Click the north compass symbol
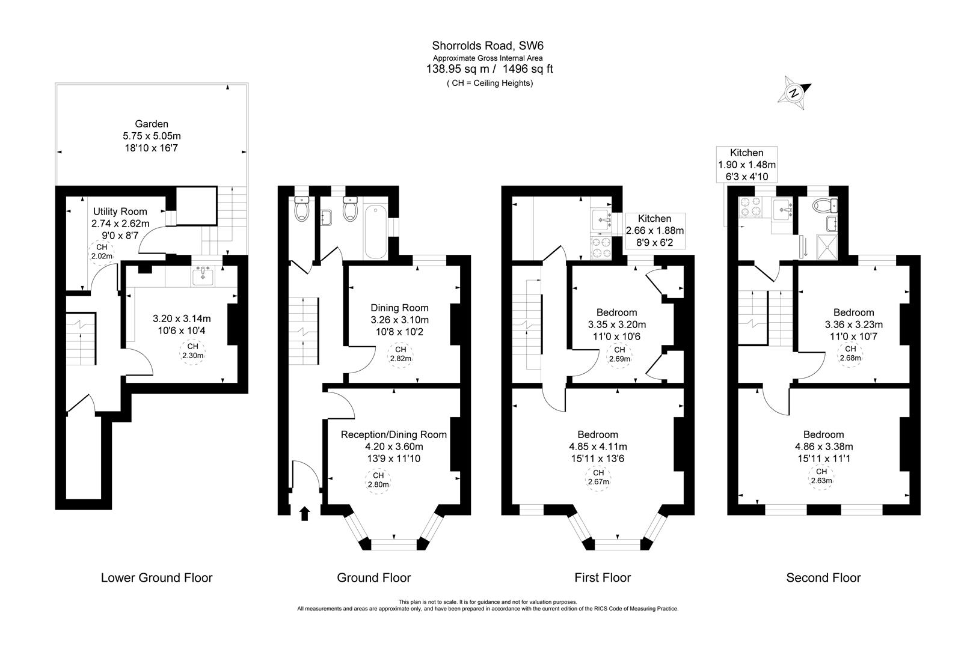(794, 93)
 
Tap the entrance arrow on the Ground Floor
(304, 513)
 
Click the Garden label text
(152, 124)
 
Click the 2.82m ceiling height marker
(401, 354)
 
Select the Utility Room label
(120, 212)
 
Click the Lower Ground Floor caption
(156, 578)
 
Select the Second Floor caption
(823, 578)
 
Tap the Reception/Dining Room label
(394, 434)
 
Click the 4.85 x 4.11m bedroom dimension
(598, 446)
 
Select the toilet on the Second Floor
(824, 206)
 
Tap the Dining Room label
(399, 308)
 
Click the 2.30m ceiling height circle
(192, 351)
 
